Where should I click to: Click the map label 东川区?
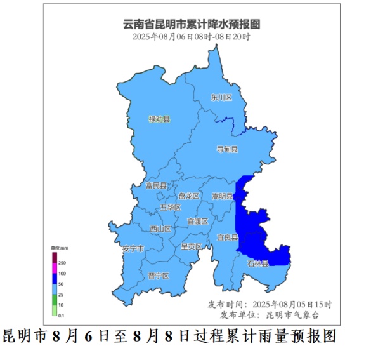221,98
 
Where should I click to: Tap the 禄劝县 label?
159,119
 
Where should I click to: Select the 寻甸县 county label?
228,149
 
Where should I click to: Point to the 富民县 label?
155,186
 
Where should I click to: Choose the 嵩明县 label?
222,196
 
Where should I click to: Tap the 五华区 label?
171,208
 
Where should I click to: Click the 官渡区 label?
197,222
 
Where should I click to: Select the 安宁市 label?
134,248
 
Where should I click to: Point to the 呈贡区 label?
191,246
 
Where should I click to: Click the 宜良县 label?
226,237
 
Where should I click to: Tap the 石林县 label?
257,263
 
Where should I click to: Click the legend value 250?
62,262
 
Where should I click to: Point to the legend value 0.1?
62,315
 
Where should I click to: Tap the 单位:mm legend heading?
59,247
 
